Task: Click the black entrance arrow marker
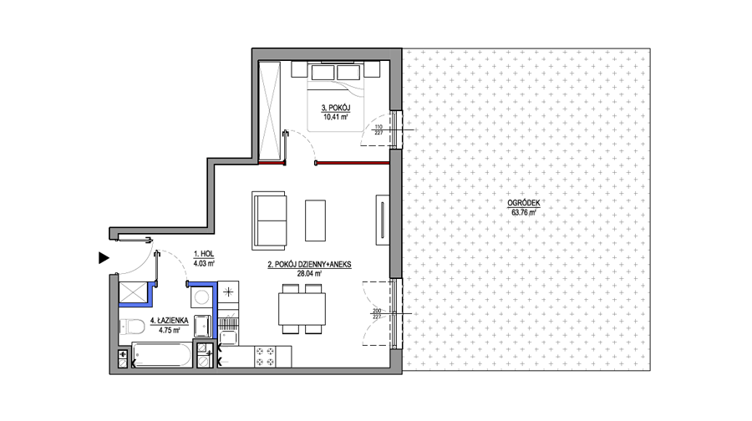[x=103, y=258]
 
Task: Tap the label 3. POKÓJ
[x=336, y=108]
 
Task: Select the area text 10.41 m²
[x=336, y=116]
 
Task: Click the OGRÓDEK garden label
[x=523, y=203]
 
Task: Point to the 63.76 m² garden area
[x=523, y=212]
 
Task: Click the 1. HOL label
[x=204, y=254]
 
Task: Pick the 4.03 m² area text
[x=204, y=263]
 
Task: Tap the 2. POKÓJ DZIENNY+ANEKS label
[x=309, y=265]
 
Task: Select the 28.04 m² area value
[x=309, y=274]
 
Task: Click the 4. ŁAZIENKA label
[x=170, y=321]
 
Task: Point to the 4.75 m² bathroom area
[x=170, y=330]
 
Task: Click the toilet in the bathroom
[x=132, y=327]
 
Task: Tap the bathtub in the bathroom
[x=161, y=355]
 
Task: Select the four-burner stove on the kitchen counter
[x=266, y=357]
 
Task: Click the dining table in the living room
[x=302, y=309]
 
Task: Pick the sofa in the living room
[x=270, y=221]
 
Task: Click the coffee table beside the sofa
[x=315, y=221]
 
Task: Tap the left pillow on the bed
[x=323, y=73]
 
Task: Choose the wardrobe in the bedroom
[x=269, y=112]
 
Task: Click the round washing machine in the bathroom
[x=201, y=297]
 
